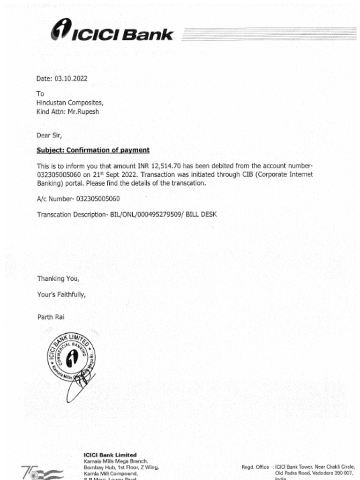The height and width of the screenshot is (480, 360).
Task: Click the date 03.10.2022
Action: click(x=71, y=79)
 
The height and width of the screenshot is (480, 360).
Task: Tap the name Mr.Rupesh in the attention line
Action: click(x=84, y=112)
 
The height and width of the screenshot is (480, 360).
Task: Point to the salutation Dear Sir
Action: click(x=49, y=135)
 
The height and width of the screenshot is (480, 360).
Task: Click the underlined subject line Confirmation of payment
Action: click(x=93, y=150)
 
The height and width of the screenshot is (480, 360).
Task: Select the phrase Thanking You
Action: click(x=58, y=278)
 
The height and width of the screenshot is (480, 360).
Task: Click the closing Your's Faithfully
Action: click(x=61, y=295)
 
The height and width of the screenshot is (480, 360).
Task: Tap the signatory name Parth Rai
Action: click(x=51, y=317)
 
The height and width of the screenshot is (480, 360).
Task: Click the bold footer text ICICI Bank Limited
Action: click(x=110, y=455)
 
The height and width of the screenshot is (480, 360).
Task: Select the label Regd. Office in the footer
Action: click(x=255, y=467)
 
